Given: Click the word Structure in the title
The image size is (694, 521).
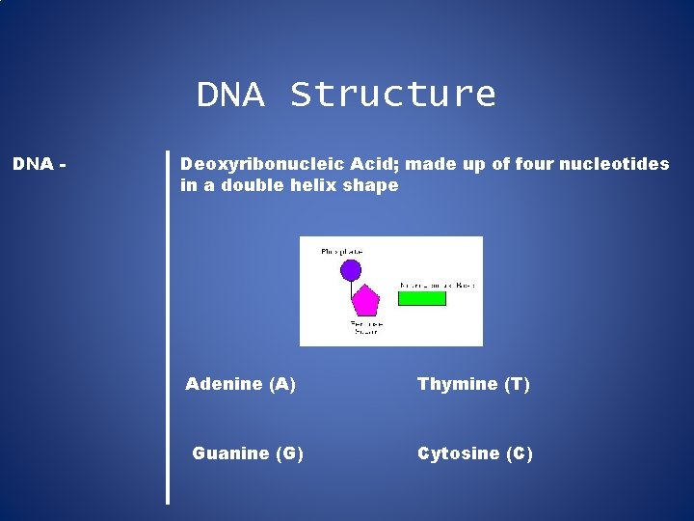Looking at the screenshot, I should point(392,95).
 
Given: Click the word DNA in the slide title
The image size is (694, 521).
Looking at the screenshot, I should point(229,95).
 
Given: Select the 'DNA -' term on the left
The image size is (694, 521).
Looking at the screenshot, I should point(40,164).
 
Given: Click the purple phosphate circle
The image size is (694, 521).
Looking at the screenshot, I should point(351,270).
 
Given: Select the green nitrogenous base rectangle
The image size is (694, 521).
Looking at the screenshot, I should point(422,298).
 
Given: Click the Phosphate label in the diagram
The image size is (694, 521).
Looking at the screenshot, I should point(342,252).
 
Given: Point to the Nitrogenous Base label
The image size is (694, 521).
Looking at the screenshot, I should point(437,286).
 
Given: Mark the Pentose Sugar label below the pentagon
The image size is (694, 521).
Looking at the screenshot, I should point(365,328).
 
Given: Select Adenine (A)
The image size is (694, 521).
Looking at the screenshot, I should point(240,384).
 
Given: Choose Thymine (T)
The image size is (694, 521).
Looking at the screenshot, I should point(473,384).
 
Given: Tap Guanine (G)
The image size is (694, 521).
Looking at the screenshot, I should point(248,453).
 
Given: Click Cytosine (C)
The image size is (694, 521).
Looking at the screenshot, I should point(474,453).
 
